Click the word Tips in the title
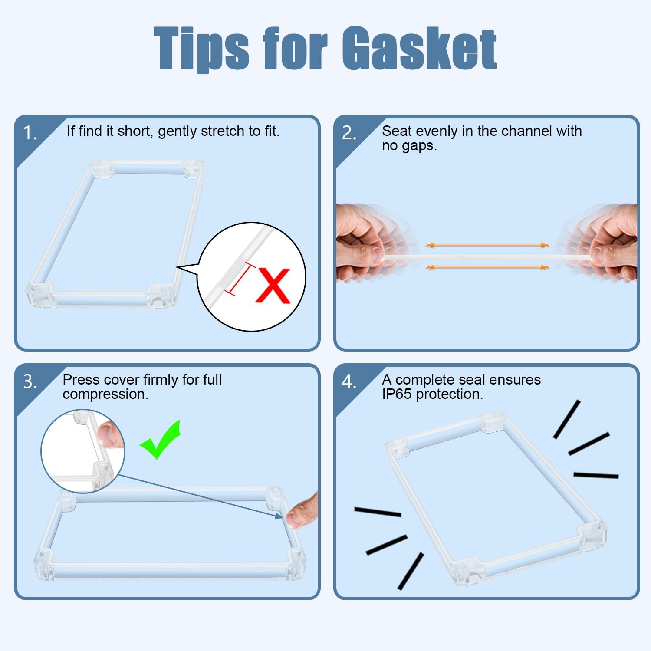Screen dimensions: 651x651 click(201, 49)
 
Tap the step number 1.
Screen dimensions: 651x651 click(30, 133)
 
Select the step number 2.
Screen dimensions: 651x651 click(349, 133)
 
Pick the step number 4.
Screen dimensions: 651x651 click(349, 381)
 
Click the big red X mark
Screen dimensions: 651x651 click(273, 286)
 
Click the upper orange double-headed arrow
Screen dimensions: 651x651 click(487, 245)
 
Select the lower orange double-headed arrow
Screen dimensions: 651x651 click(487, 267)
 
